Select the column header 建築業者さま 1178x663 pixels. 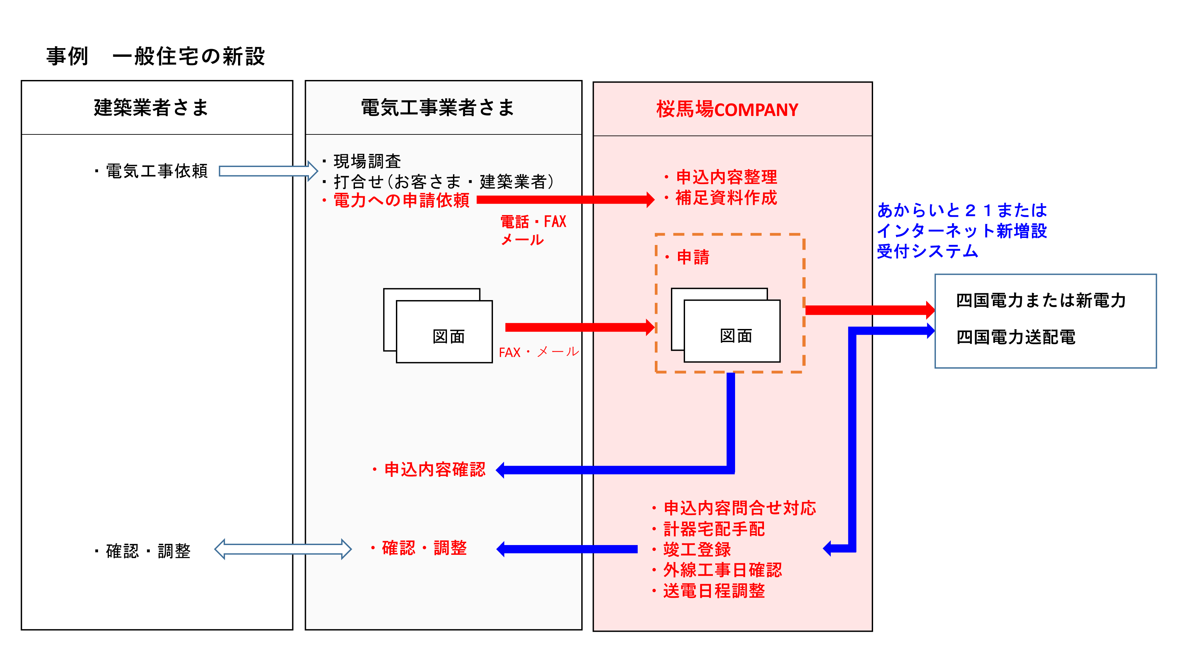tap(151, 108)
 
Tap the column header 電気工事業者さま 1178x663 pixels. tap(438, 108)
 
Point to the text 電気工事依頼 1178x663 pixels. tap(156, 171)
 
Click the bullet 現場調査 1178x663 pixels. tap(367, 161)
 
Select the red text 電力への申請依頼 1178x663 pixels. tap(401, 200)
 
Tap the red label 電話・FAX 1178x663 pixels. tap(533, 222)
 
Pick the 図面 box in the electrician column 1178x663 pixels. tap(444, 332)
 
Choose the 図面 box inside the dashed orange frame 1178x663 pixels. tap(732, 331)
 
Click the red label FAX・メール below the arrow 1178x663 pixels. tap(539, 352)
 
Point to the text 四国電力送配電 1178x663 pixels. tap(1016, 337)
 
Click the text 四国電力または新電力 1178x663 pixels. tap(1040, 301)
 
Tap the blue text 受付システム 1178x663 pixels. tap(927, 251)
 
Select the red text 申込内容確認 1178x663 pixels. tap(435, 469)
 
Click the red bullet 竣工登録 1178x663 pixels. tap(696, 549)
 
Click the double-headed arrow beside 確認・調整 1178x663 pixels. tap(283, 549)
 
